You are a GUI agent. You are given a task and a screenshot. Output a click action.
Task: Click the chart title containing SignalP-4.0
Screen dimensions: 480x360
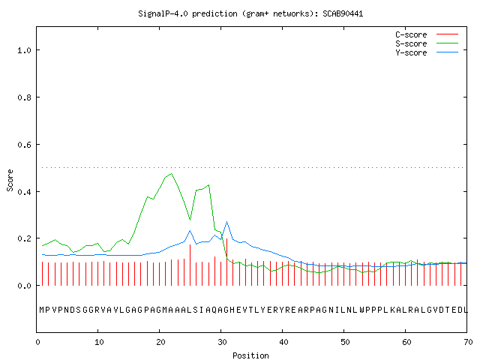[x=250, y=13]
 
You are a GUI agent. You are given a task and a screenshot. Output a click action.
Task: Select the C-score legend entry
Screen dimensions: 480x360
[x=427, y=34]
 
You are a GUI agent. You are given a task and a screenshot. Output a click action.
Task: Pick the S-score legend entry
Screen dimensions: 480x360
[x=427, y=43]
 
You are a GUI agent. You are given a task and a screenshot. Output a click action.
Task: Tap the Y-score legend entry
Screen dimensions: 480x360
[x=427, y=52]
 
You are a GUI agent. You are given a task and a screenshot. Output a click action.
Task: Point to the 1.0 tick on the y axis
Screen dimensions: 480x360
[x=24, y=50]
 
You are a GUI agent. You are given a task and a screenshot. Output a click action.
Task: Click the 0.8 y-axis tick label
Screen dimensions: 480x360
[x=24, y=97]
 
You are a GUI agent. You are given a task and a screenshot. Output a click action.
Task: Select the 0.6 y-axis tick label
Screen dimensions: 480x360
[x=24, y=145]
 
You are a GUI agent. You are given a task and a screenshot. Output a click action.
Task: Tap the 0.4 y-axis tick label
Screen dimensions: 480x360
[x=24, y=192]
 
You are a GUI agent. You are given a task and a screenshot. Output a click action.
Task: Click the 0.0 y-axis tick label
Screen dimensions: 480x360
[x=24, y=286]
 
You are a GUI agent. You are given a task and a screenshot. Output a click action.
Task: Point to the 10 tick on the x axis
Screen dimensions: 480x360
[x=99, y=342]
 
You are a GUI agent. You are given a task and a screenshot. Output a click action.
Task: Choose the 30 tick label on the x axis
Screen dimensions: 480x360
[x=222, y=342]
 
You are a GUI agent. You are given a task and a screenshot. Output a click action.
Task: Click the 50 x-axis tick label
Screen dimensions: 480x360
[x=345, y=342]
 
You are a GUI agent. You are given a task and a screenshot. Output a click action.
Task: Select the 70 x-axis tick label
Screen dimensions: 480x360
[x=468, y=342]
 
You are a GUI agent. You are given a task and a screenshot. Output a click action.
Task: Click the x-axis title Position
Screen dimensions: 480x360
[x=250, y=355]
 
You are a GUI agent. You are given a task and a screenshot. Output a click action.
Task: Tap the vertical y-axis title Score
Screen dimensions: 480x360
[x=10, y=181]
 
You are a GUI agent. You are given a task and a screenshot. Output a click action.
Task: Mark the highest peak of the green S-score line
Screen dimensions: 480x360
[x=172, y=173]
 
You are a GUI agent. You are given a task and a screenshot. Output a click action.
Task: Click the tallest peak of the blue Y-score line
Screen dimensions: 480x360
[x=226, y=222]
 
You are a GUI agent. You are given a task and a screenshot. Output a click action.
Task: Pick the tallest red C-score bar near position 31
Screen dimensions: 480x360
[x=226, y=262]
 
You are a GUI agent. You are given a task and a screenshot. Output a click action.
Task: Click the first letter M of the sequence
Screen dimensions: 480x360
[x=42, y=310]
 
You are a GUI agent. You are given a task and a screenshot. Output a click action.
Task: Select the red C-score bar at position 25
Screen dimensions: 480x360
[x=190, y=265]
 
